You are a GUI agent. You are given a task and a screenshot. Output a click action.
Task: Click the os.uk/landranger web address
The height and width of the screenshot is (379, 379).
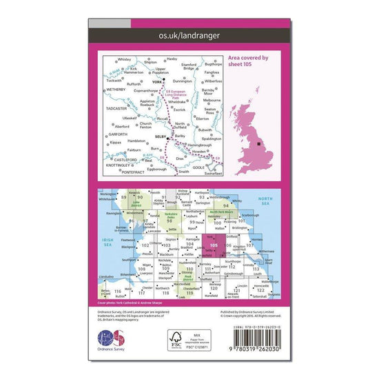point(189,32)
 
